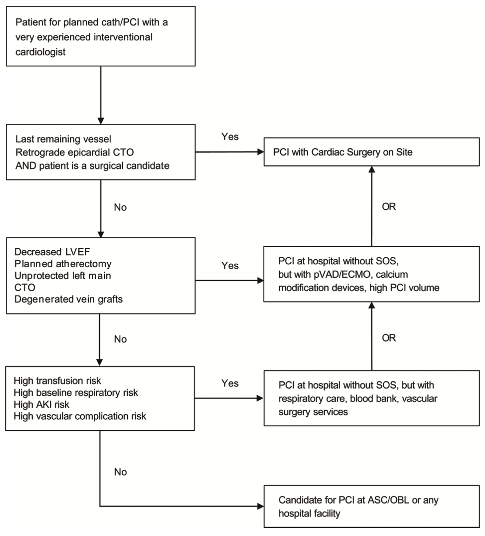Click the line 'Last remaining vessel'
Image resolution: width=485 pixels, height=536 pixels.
point(64,139)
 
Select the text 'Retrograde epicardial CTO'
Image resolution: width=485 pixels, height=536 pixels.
point(75,153)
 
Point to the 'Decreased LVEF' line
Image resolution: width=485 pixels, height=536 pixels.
point(52,252)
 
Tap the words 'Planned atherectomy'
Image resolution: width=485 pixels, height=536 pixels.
point(63,264)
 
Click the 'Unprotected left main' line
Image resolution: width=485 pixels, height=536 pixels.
point(63,276)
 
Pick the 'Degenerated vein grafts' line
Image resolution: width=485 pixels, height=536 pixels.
point(68,299)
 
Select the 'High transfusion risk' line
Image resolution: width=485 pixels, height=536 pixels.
point(57,381)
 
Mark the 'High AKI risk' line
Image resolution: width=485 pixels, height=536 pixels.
point(41,404)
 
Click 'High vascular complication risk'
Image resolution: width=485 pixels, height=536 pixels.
point(80,416)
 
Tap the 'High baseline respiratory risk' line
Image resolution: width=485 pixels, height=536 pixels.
point(76,393)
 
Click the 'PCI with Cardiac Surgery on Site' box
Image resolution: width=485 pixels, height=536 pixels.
point(371,152)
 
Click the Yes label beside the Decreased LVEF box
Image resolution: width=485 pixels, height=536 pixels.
point(230,265)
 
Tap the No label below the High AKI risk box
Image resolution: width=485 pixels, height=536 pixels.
point(120,472)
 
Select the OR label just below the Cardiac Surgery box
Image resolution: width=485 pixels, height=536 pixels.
point(389,207)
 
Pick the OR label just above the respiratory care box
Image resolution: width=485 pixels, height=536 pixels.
point(389,338)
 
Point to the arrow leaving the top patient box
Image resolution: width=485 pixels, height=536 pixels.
point(101,95)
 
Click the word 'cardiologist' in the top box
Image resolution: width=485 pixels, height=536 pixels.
point(40,52)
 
